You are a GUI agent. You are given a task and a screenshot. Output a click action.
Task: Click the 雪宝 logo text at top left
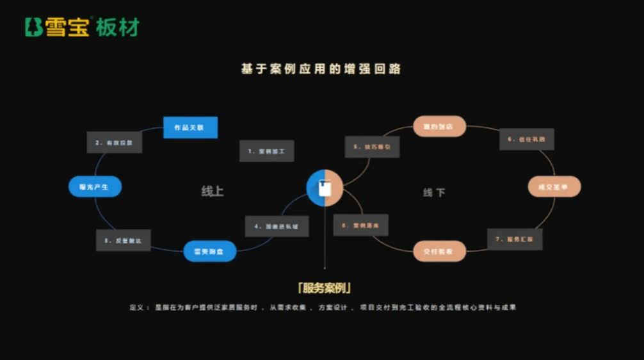[x=67, y=27]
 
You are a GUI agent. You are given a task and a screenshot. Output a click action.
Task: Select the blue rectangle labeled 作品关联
[x=190, y=127]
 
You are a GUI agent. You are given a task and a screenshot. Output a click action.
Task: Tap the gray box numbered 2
[x=114, y=142]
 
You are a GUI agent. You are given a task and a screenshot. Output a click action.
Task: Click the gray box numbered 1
[x=266, y=151]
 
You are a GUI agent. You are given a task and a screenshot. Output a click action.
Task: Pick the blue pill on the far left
[x=95, y=186]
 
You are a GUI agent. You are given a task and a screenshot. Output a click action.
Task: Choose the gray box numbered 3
[x=123, y=240]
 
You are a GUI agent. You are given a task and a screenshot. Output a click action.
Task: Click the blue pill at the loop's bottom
[x=210, y=251]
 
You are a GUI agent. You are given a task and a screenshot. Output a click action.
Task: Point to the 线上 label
[x=213, y=192]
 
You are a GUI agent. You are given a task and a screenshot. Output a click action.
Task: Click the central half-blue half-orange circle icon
[x=325, y=188]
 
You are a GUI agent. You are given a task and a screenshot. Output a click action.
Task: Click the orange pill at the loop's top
[x=439, y=126]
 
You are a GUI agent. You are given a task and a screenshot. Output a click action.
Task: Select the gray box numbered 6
[x=526, y=139]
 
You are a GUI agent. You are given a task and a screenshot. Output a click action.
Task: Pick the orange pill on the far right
[x=554, y=186]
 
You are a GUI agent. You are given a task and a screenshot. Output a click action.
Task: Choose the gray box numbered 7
[x=515, y=239]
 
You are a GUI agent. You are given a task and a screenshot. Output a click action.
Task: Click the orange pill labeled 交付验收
[x=439, y=251]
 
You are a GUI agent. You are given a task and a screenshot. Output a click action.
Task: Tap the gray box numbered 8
[x=360, y=225]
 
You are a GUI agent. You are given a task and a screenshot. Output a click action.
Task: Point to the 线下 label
[x=434, y=192]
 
